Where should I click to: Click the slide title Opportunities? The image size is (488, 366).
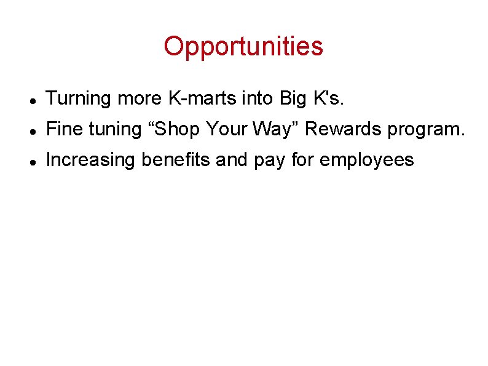(x=243, y=46)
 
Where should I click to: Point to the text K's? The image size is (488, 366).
(x=325, y=98)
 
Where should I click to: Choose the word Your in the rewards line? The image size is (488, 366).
(x=226, y=129)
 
